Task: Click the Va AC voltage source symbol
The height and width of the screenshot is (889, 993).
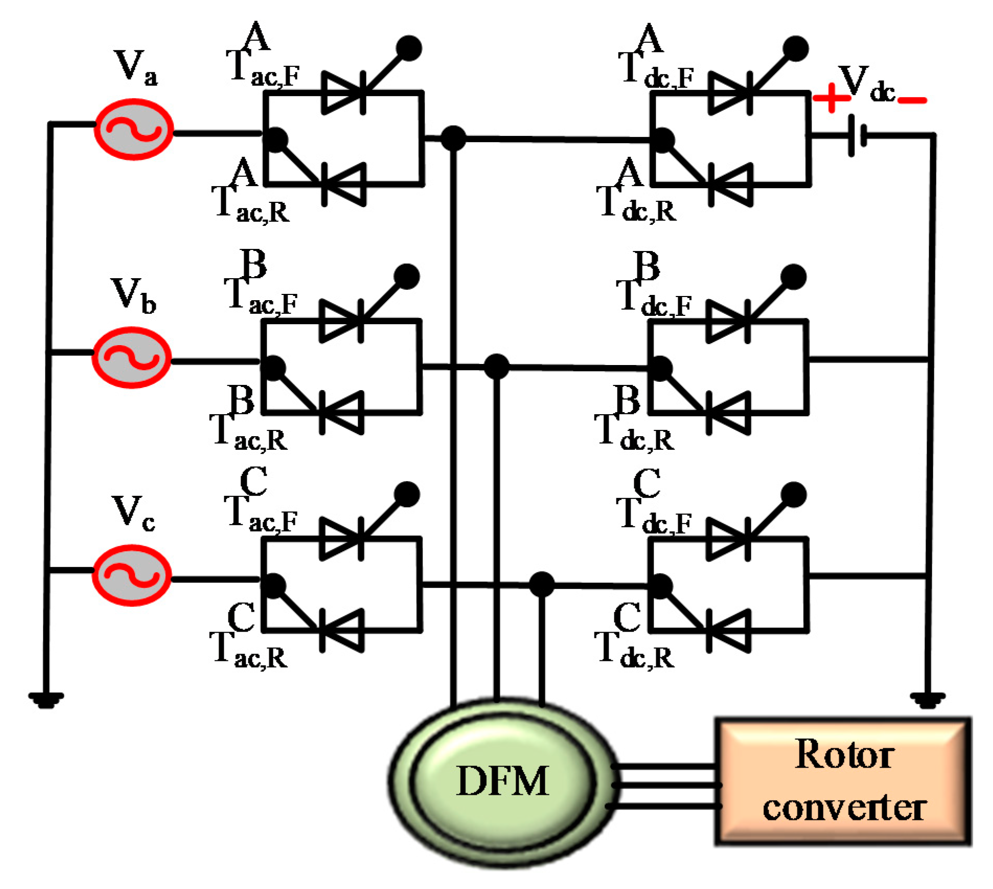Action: point(133,129)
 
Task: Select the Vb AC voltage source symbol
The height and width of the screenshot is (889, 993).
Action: point(132,357)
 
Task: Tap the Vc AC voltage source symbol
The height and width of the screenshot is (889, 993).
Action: point(132,575)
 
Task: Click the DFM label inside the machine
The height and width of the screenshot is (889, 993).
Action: point(503,781)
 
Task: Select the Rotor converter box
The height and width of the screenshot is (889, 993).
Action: point(843,781)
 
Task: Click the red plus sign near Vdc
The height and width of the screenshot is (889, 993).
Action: point(831,98)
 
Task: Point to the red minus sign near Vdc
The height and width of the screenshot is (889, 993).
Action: point(912,100)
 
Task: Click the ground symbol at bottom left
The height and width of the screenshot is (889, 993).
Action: point(46,699)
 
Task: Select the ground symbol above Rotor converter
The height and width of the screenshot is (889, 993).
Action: point(928,699)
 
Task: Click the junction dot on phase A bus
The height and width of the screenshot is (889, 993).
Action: point(453,139)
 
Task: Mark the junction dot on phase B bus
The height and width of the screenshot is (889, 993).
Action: point(496,366)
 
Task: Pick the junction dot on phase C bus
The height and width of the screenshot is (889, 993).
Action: point(542,584)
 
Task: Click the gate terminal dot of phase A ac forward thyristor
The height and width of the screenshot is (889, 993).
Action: point(409,48)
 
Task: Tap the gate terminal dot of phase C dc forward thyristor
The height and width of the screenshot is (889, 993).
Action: point(794,495)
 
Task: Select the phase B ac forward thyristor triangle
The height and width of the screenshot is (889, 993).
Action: point(340,321)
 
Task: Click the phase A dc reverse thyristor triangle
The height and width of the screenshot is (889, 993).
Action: point(732,185)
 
